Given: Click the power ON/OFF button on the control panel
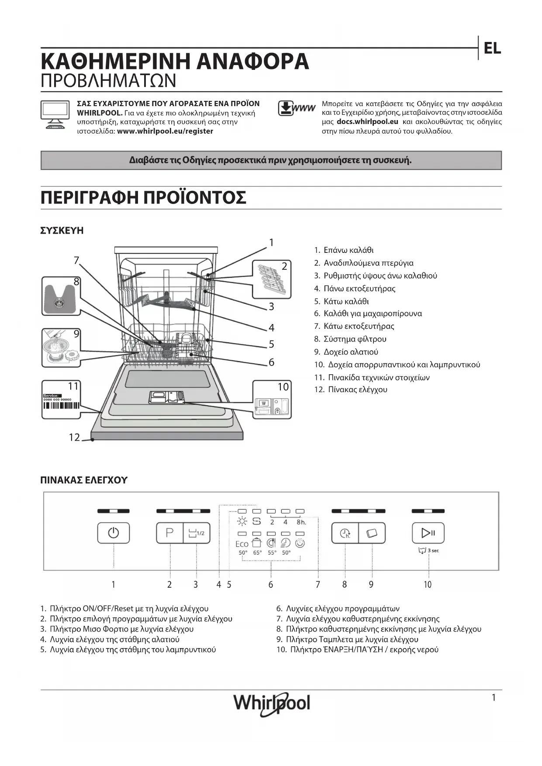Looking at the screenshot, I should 113,533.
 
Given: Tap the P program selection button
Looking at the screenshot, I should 169,533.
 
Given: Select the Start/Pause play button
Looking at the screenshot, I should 428,533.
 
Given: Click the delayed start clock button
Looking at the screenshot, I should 345,533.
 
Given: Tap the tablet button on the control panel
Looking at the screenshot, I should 372,533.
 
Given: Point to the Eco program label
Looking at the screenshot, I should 242,544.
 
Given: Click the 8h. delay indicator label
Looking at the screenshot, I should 301,522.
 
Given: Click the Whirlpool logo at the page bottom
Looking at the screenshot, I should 271,704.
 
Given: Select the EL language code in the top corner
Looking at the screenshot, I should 492,48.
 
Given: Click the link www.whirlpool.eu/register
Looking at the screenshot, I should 165,131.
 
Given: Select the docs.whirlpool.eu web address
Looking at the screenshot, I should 367,122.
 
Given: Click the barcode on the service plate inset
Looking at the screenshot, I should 61,405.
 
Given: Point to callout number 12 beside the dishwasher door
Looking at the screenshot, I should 74,437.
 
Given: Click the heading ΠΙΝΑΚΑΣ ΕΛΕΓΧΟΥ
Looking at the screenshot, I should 84,480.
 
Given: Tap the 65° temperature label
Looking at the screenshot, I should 257,553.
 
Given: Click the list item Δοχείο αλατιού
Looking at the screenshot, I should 351,352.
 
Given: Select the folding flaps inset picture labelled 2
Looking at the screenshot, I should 271,279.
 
